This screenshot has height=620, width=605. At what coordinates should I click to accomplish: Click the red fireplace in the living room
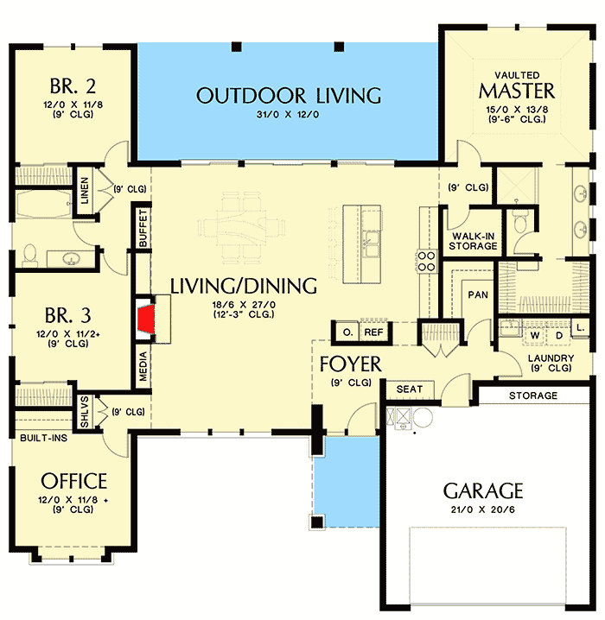click(145, 318)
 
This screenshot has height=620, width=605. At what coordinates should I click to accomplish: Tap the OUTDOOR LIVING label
click(289, 96)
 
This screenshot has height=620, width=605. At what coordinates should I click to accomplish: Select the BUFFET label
click(143, 228)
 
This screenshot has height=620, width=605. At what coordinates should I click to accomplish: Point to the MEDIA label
click(143, 366)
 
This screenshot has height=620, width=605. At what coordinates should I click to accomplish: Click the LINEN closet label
click(85, 191)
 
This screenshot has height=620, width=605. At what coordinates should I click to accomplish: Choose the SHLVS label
click(85, 412)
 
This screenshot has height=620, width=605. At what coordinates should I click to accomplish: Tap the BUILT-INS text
click(43, 438)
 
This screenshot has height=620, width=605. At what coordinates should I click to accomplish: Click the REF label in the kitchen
click(373, 332)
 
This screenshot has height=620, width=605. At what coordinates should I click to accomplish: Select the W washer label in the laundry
click(535, 336)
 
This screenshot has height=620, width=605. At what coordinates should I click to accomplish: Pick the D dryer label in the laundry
click(559, 336)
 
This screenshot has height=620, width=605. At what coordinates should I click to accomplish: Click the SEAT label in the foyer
click(410, 389)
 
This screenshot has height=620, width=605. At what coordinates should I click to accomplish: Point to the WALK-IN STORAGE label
click(474, 241)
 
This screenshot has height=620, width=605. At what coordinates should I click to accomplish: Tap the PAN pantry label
click(478, 294)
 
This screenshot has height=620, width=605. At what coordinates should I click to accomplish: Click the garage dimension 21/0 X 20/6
click(483, 509)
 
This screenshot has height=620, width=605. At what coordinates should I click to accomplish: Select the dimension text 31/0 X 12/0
click(288, 115)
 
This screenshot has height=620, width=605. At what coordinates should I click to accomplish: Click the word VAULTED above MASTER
click(517, 75)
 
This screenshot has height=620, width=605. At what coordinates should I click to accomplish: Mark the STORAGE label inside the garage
click(533, 395)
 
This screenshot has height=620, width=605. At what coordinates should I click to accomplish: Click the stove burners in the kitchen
click(427, 262)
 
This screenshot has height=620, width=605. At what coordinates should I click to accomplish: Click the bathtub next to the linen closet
click(43, 204)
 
